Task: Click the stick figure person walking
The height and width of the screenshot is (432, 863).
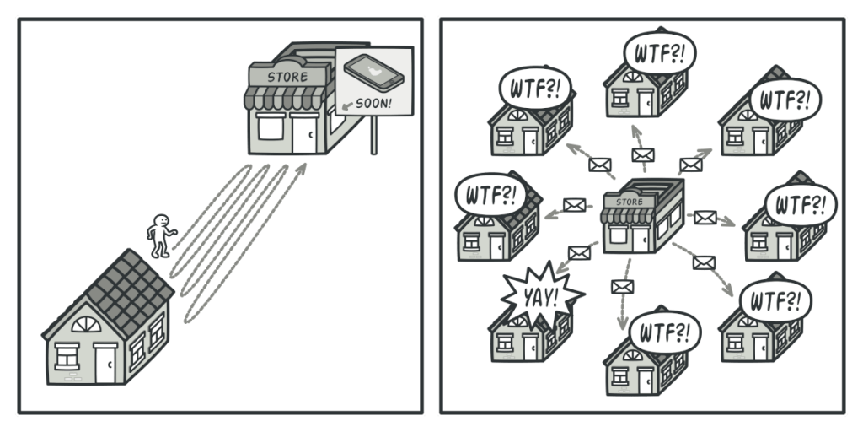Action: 161,235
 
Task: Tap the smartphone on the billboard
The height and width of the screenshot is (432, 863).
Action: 373,73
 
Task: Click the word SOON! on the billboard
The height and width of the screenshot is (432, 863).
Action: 373,103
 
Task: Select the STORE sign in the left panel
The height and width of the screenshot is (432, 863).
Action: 287,77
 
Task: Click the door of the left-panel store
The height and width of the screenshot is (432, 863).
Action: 303,133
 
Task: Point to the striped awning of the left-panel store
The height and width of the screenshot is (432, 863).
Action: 286,98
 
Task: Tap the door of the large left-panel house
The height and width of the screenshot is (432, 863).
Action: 105,363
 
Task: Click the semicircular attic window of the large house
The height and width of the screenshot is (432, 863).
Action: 87,325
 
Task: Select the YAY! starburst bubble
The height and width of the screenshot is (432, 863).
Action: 542,297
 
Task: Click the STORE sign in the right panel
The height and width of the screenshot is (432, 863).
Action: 629,202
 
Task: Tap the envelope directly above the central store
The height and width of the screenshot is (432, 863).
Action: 642,155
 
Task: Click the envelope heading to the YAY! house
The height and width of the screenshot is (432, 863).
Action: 579,253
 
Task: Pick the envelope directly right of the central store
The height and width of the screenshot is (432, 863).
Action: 705,218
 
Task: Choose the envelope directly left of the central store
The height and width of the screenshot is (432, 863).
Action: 574,205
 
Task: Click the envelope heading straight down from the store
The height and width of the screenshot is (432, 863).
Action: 623,287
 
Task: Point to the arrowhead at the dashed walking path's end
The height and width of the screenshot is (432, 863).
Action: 301,169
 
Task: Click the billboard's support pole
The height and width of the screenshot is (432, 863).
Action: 373,134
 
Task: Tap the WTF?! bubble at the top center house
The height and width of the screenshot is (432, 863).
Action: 660,53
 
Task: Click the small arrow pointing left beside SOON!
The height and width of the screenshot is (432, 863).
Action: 346,105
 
